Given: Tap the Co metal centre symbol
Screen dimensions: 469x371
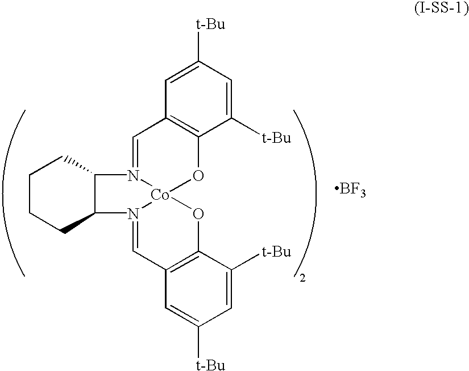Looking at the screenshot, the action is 160,196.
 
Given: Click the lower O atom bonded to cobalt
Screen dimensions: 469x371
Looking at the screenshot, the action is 198,215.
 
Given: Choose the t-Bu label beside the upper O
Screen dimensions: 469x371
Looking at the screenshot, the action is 276,138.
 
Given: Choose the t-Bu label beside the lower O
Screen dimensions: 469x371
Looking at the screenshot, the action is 276,252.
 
